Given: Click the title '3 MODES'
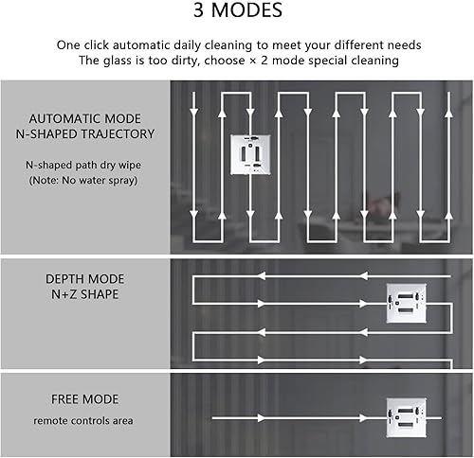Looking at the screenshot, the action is pos(238,10).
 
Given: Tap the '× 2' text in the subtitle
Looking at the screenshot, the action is pos(259,61).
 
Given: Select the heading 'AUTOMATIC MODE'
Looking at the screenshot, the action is pos(84,119).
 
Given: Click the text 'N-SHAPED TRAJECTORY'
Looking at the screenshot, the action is pos(85,134).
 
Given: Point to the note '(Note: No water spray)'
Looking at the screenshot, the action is pos(83,181).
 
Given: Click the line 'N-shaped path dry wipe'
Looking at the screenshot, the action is pos(83,165).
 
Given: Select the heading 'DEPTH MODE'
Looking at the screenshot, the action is pos(84,279).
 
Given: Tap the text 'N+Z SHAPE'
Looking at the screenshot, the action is pos(84,294).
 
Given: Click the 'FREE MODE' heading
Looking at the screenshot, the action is pos(84,399).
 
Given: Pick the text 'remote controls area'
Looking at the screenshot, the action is pos(83,421).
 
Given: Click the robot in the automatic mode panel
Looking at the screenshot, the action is pos(250,154).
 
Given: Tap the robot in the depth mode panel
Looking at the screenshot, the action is pos(407,303).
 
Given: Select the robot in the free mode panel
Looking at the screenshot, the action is pos(407,417).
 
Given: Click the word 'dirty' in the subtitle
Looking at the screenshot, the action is pos(186,61).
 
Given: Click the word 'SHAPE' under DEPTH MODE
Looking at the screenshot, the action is pos(100,294).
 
